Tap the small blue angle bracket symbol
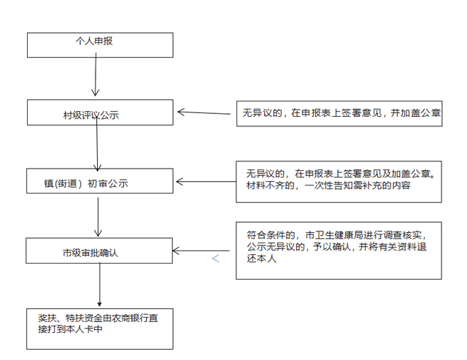coord(216,258)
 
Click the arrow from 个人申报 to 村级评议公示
coord(96,74)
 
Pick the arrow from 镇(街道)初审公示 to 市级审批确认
coord(98,217)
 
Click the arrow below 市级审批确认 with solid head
coord(100,285)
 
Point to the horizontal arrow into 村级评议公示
coord(204,112)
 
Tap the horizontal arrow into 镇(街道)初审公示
coord(206,182)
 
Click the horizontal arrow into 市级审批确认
coord(201,251)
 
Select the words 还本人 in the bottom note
coord(261,258)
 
